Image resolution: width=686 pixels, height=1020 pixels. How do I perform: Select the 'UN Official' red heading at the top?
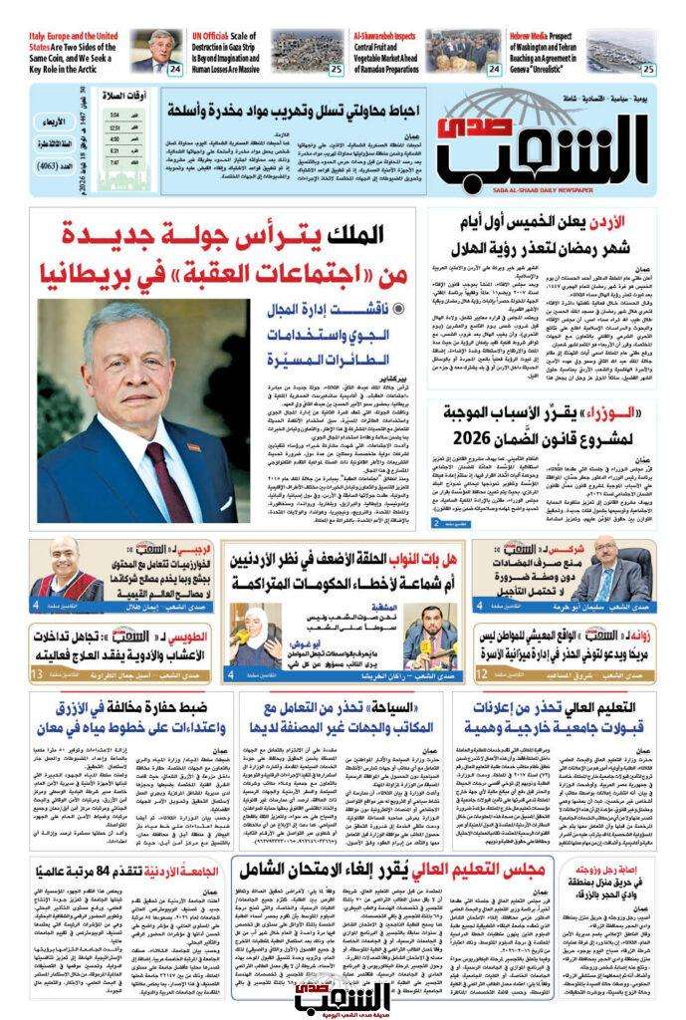216,37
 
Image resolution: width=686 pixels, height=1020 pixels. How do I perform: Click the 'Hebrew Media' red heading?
538,36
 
